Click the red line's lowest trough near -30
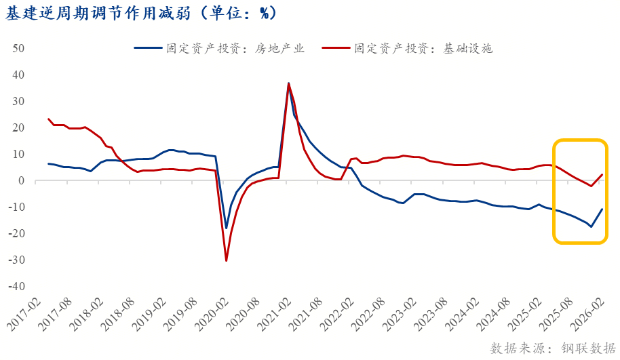click(227, 260)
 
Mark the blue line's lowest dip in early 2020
click(227, 228)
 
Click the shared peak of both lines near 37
click(288, 83)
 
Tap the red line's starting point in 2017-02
click(49, 119)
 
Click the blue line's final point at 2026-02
click(602, 209)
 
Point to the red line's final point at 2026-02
click(602, 175)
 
